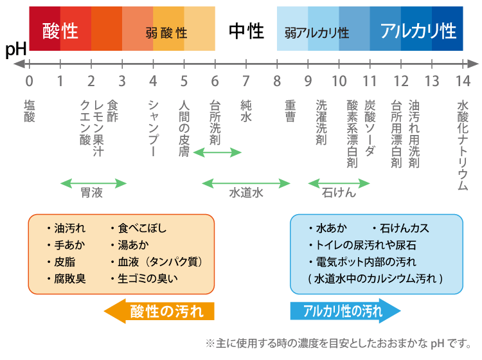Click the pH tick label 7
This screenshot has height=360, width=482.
(245, 81)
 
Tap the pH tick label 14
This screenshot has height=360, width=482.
(463, 81)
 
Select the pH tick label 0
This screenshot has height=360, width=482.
(29, 81)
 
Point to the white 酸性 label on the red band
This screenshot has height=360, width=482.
(60, 30)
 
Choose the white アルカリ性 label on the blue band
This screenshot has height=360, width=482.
(418, 30)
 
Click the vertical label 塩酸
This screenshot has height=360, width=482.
(29, 111)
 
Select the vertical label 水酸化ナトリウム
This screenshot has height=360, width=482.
(463, 145)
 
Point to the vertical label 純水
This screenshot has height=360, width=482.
(245, 111)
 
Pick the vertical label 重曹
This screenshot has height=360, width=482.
(290, 111)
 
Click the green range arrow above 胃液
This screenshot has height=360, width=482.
(93, 183)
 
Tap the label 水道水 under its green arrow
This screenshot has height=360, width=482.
(246, 193)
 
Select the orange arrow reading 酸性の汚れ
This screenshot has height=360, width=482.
(159, 312)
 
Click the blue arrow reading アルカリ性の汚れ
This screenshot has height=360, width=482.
(345, 312)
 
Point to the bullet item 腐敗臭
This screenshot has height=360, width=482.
(70, 278)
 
